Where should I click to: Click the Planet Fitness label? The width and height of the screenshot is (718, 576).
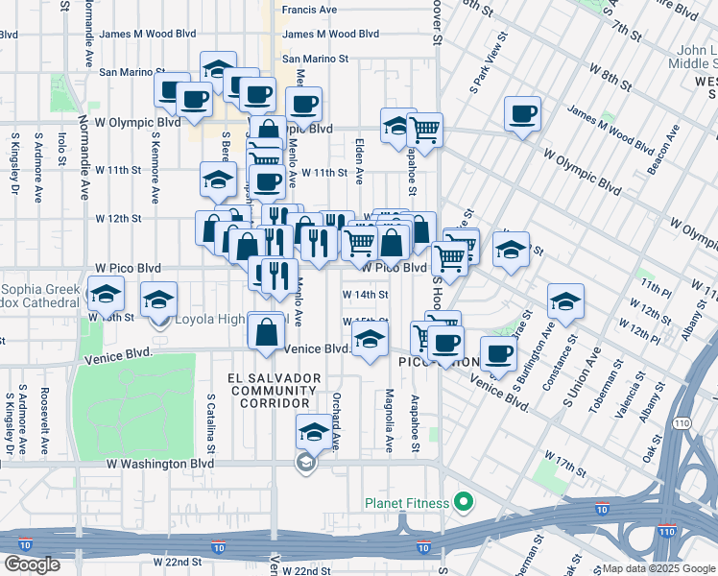(407, 503)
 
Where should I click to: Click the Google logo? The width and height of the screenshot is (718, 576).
(32, 564)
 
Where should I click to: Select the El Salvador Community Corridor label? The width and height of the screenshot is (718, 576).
(274, 391)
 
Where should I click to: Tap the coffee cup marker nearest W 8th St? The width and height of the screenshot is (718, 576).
(522, 113)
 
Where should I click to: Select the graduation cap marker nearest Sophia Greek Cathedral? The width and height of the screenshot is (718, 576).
(106, 294)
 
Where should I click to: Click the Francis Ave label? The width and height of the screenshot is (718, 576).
(309, 10)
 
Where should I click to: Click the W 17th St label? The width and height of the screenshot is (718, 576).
(564, 462)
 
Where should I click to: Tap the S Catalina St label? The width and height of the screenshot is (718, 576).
(211, 422)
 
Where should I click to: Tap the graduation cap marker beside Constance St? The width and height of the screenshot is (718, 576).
(565, 301)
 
